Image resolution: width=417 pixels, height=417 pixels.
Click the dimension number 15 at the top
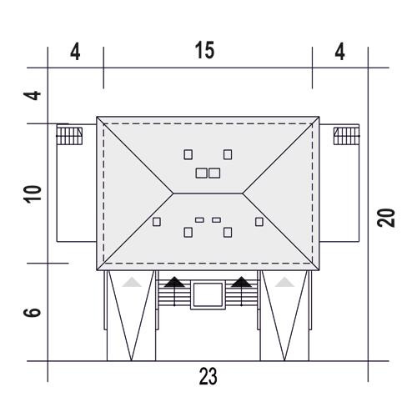(204, 50)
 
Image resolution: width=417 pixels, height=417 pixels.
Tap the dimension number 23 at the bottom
(208, 376)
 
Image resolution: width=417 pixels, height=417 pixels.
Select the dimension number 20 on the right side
(386, 218)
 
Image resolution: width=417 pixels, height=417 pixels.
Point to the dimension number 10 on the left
(33, 194)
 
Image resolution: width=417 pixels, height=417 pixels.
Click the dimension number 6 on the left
(33, 312)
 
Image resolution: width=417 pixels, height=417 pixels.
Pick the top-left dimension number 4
(75, 52)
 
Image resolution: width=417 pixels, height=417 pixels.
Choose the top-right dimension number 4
(339, 52)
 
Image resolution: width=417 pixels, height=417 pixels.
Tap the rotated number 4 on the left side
(33, 95)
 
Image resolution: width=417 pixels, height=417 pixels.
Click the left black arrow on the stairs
(174, 291)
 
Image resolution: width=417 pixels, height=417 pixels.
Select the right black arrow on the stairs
(241, 291)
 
